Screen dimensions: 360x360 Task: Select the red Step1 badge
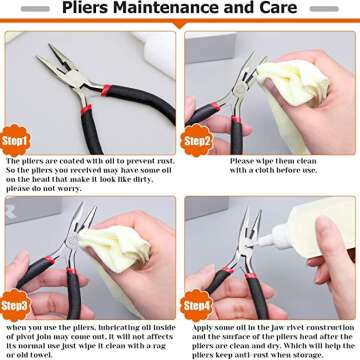click(17, 141)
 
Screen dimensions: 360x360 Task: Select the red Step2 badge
click(197, 141)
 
